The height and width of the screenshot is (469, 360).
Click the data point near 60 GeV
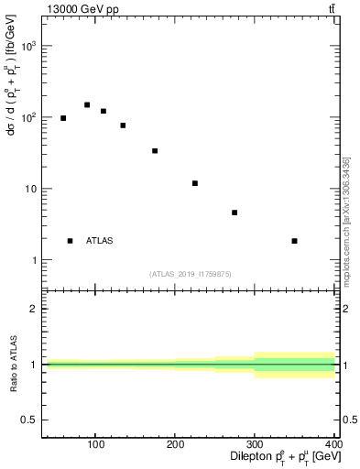63,118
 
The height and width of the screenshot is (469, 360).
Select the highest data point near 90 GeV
87,105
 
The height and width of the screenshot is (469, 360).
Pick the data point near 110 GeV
104,112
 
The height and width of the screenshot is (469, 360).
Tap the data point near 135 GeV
123,125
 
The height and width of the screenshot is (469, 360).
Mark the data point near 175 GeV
155,151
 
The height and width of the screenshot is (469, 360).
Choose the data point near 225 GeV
195,183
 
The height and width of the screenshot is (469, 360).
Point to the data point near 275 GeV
235,213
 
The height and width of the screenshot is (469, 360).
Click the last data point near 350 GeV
294,241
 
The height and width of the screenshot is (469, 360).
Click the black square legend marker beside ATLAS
70,241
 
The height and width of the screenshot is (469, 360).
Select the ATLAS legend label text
99,241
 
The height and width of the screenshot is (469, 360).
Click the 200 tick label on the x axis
175,444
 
